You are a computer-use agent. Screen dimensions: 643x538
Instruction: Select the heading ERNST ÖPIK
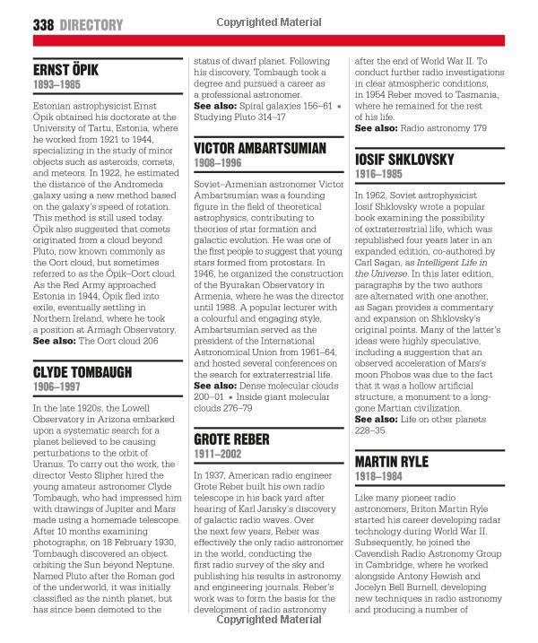(65, 69)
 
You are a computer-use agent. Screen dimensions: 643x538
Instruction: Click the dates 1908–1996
(219, 164)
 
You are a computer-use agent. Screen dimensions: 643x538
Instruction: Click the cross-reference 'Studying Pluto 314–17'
(247, 117)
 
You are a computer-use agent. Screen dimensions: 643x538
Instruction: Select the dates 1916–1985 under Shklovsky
(380, 175)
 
